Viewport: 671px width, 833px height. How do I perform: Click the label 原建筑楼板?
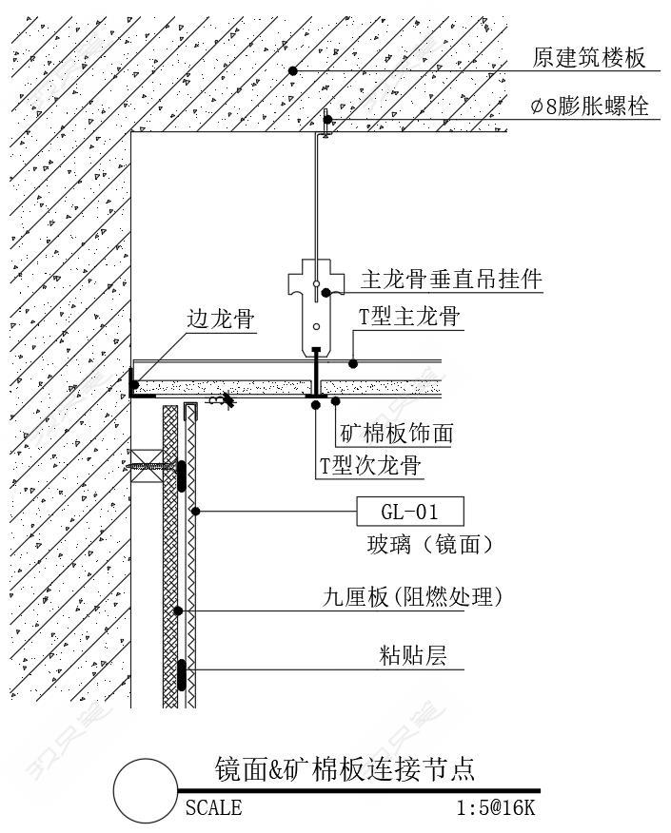tap(590, 59)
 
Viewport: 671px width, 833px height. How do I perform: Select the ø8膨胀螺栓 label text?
tap(590, 107)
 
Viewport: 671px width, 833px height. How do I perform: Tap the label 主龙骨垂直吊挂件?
tap(451, 280)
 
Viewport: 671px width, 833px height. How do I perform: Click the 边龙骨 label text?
tap(221, 320)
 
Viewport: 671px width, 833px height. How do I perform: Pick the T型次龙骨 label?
tap(370, 466)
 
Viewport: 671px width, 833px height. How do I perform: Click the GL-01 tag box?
tap(409, 513)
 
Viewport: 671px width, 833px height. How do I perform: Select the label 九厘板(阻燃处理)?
tap(411, 597)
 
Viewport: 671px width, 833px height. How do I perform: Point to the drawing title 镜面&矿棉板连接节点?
tap(345, 767)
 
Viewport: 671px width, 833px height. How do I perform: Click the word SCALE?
tap(213, 808)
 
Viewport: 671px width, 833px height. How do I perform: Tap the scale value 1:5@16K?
tap(496, 808)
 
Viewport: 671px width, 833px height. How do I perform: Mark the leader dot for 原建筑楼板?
tap(294, 71)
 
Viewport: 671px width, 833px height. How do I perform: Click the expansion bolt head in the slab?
tap(326, 121)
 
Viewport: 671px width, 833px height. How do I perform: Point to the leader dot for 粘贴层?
tap(180, 671)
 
